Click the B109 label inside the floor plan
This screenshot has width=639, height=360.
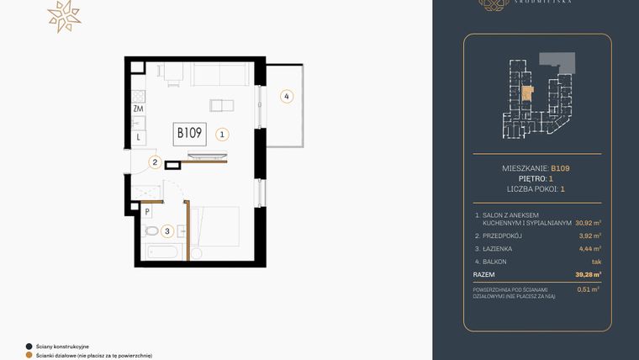(x=190, y=133)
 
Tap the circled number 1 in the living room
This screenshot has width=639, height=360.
(x=221, y=134)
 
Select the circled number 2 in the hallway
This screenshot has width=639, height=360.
(x=155, y=163)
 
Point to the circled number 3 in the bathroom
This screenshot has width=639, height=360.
(x=167, y=230)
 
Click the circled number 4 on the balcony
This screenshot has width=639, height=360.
(x=287, y=97)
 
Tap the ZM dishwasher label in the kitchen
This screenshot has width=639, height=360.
(x=138, y=109)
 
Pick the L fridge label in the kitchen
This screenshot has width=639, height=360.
(x=138, y=136)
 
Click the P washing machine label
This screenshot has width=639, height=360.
(x=147, y=212)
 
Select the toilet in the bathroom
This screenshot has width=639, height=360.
(x=151, y=230)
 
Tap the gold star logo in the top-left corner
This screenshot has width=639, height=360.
(x=64, y=16)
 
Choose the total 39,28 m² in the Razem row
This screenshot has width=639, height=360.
(x=587, y=274)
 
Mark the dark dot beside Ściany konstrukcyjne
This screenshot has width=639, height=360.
(x=29, y=346)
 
